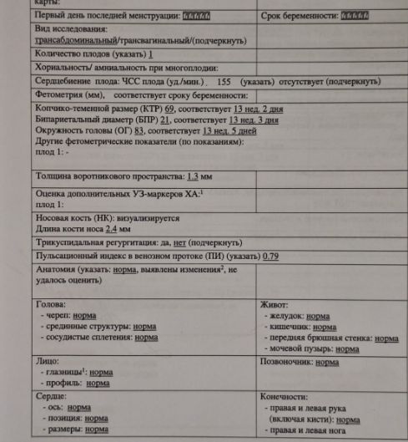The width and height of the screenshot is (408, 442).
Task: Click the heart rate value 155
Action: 223,82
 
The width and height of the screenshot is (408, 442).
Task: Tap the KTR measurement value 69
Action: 170,109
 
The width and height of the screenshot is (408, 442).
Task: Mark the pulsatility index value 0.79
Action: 270,255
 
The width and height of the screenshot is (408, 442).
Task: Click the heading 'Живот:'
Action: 278,305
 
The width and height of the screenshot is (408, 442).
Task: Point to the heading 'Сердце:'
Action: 53,396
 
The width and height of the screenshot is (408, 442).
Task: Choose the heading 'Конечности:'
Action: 289,396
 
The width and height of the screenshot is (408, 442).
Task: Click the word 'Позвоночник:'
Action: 289,363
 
